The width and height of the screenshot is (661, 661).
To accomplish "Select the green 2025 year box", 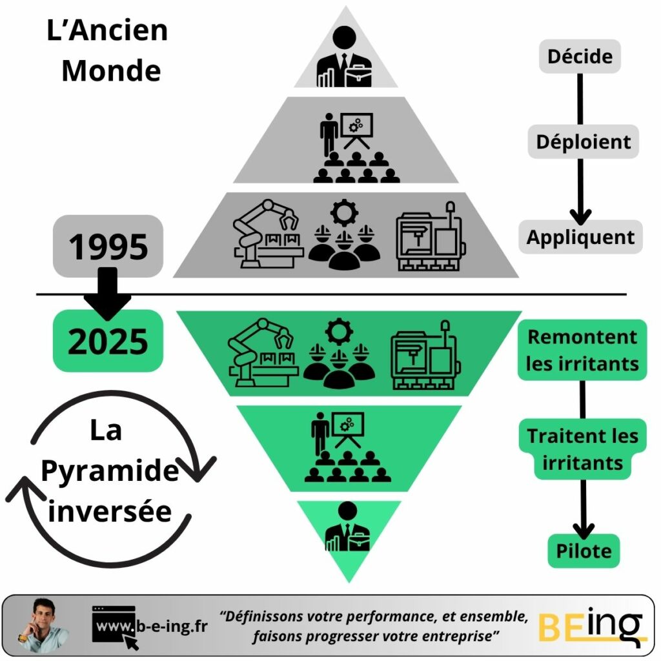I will [x=108, y=340].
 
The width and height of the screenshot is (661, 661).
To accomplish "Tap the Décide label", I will [x=580, y=56].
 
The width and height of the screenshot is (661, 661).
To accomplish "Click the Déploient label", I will [x=583, y=141].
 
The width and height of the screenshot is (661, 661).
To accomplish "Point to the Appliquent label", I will [x=580, y=237].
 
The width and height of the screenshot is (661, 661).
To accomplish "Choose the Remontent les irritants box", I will [x=582, y=350].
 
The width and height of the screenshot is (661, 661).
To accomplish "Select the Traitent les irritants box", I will [x=582, y=449].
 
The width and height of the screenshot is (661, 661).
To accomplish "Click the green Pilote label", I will [x=584, y=551].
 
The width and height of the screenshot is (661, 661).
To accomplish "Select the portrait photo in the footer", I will [x=43, y=624].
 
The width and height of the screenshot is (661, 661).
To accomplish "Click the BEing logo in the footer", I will [x=590, y=625].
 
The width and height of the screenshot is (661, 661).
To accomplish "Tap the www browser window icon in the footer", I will [x=115, y=625].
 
